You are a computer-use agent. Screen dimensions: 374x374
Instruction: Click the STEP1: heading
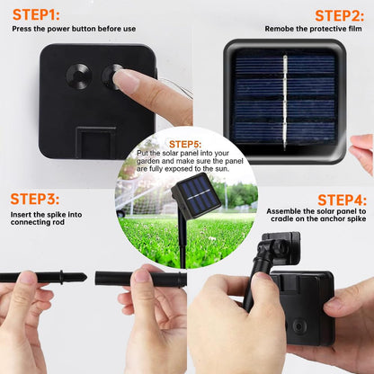coord(36,14)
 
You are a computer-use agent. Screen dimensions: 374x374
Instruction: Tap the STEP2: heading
coord(340,15)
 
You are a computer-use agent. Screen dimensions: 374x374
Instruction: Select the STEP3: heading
coord(35,199)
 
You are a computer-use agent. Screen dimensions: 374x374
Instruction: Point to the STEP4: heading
coord(342,200)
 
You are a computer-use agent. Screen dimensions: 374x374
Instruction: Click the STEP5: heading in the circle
coord(185,144)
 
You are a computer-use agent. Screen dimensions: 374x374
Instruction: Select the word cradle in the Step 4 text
coord(282,218)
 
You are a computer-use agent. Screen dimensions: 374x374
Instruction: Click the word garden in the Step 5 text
coord(147,161)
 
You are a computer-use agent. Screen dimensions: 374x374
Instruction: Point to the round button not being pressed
coord(78,76)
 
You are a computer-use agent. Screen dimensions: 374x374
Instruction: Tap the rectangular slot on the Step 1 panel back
coord(95,142)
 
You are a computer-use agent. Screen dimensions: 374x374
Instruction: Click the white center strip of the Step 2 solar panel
coord(285,102)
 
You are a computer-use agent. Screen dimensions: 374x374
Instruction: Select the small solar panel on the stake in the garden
coord(196,195)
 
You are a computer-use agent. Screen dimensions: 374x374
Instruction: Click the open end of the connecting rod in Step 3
coord(97,279)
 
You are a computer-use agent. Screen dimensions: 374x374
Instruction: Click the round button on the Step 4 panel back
coord(299,326)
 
